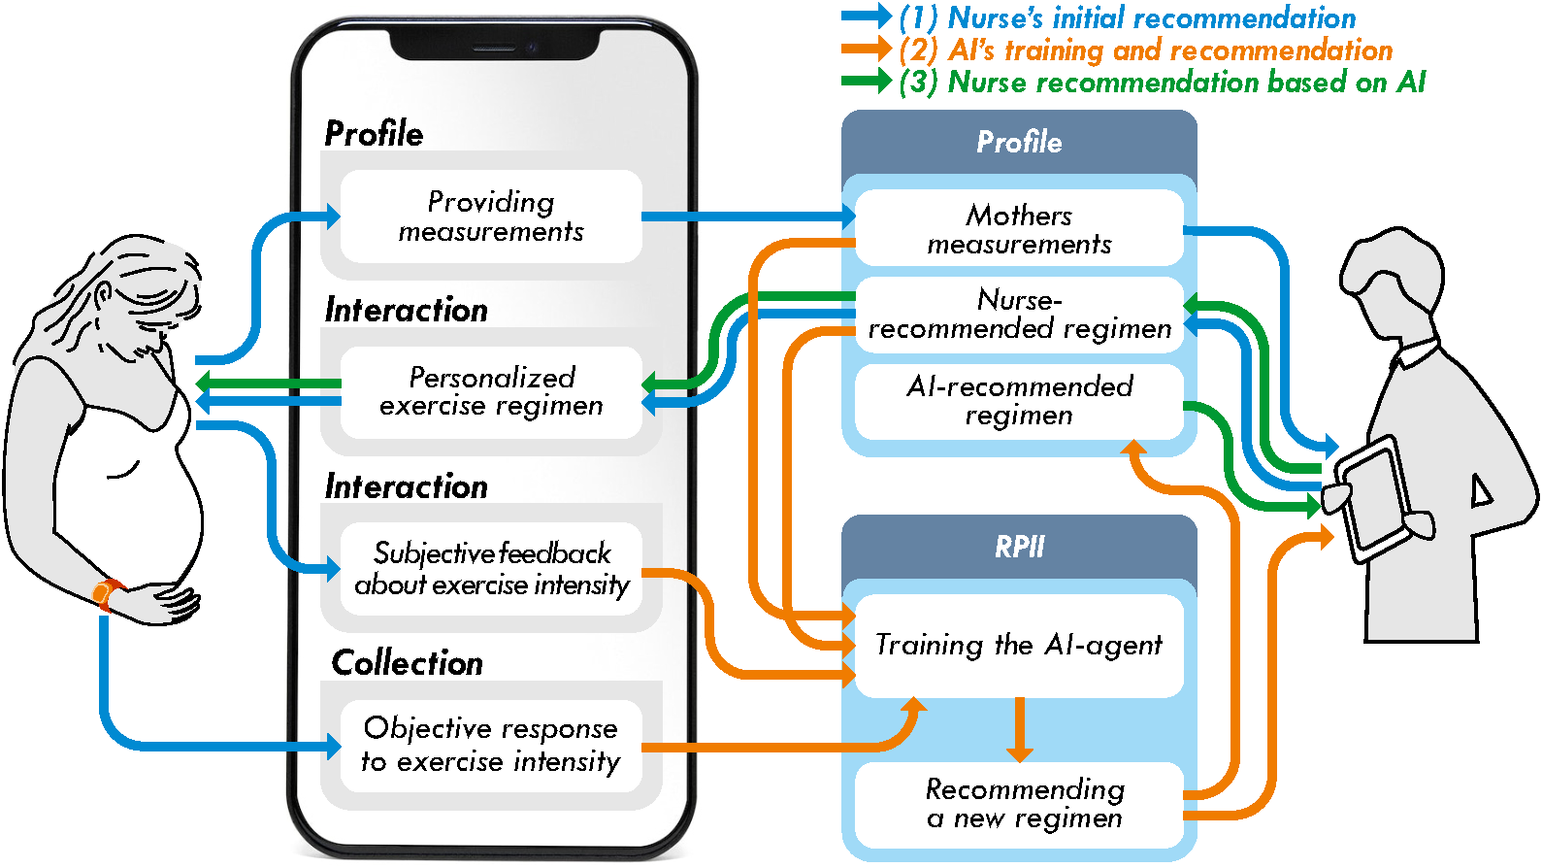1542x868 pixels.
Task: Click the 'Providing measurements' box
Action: tap(491, 217)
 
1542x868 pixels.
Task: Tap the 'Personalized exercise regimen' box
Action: tap(491, 391)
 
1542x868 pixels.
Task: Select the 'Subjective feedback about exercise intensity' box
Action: tap(491, 569)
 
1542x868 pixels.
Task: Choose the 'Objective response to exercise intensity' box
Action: tap(491, 745)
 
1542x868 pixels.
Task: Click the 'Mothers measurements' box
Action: tap(1019, 229)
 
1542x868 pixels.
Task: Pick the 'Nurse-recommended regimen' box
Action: tap(1019, 315)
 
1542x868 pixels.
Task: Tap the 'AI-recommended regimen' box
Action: tap(1019, 401)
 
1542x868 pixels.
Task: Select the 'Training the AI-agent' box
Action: tap(1019, 646)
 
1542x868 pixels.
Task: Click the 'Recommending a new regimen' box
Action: tap(1019, 804)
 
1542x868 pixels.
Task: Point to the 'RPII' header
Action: tap(1019, 547)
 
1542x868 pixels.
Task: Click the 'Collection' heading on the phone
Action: tap(408, 663)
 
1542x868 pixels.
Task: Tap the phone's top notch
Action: tap(495, 44)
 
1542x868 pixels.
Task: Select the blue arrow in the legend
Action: tap(866, 17)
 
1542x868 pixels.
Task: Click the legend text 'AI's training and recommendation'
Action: tap(1169, 50)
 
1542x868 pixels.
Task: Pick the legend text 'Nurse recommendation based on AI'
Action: tap(1186, 83)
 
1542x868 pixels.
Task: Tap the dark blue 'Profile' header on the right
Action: tap(1019, 143)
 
